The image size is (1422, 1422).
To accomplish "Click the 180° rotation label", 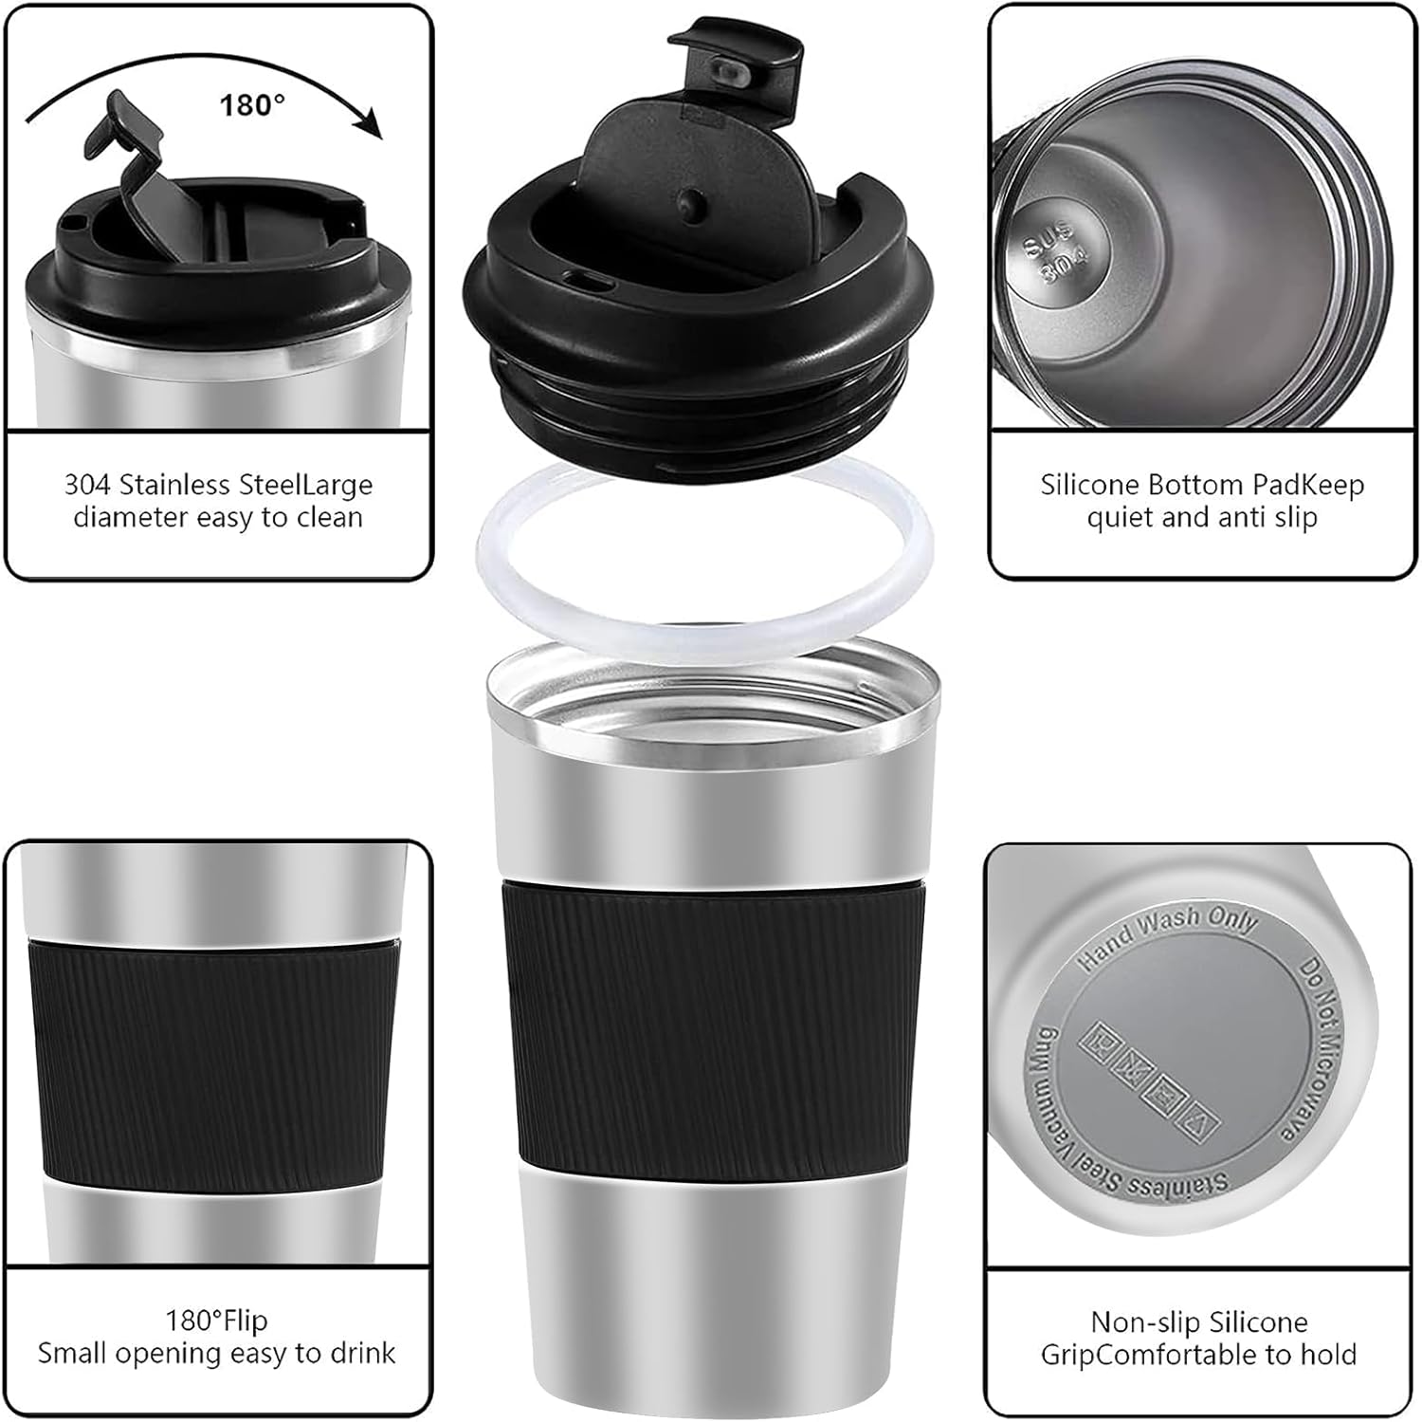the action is (x=252, y=104).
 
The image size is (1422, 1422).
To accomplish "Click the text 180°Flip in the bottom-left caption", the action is (x=217, y=1320).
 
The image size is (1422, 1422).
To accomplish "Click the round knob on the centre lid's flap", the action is (x=692, y=201).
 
